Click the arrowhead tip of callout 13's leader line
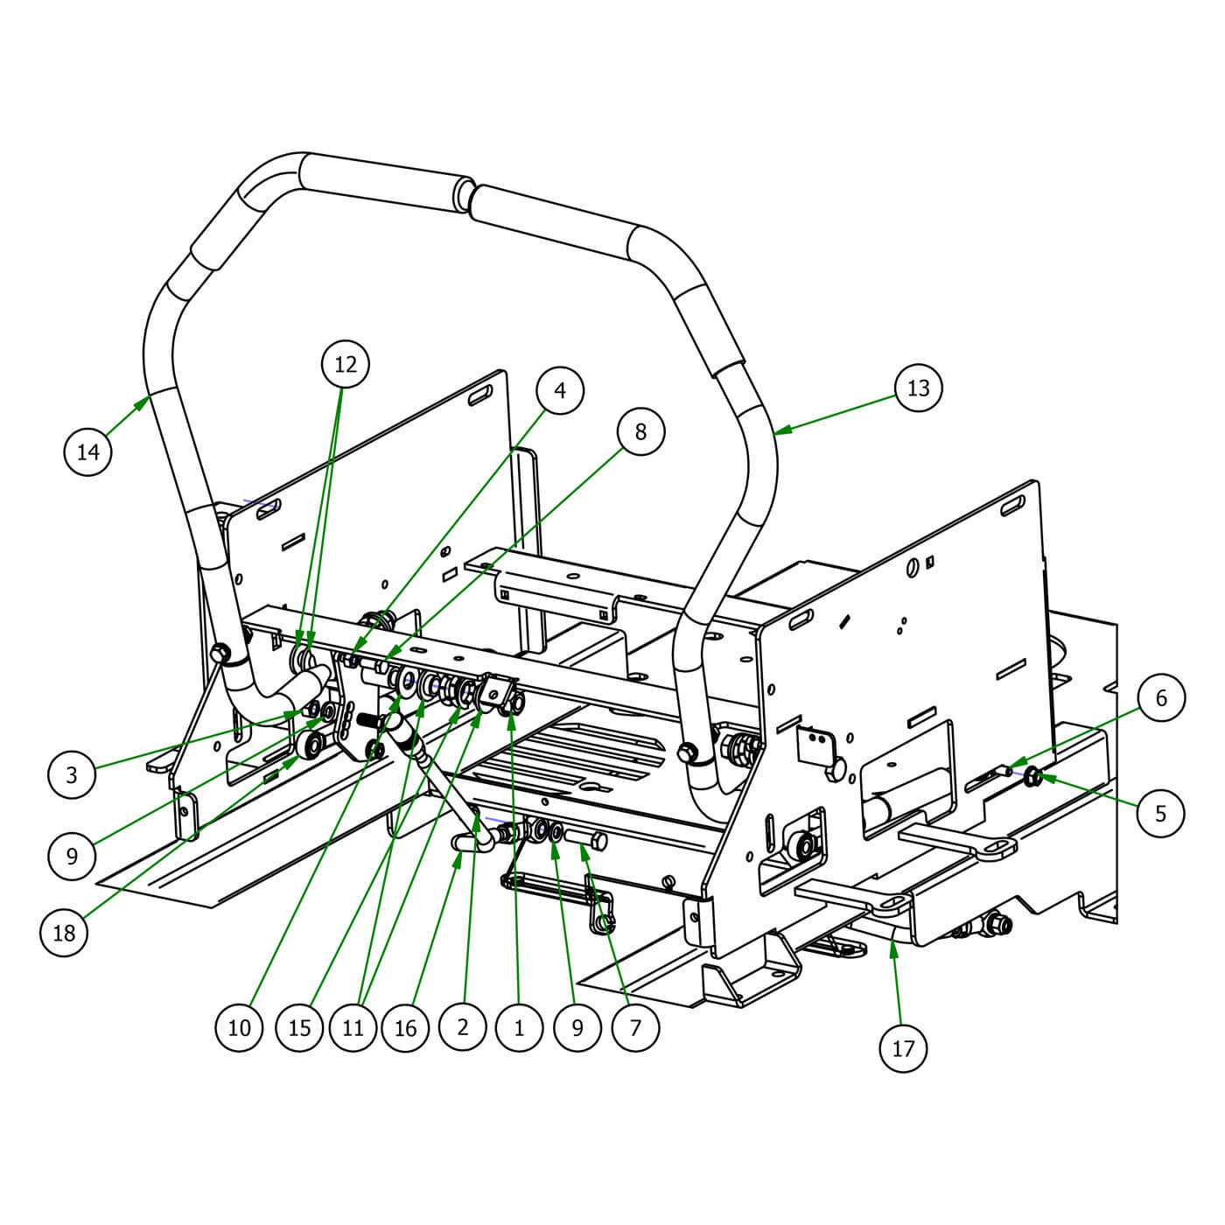tap(775, 435)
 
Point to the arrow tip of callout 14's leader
tap(150, 395)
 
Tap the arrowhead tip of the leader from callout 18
tap(297, 757)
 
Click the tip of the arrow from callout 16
tap(462, 852)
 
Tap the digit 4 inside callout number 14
tap(94, 452)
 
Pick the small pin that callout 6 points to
tap(1006, 771)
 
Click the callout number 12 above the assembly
tap(346, 364)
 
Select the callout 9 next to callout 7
tap(577, 1028)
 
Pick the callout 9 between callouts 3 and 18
tap(72, 857)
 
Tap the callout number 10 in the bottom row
tap(239, 1028)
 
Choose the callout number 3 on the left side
tap(72, 774)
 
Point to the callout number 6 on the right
tap(1161, 697)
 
